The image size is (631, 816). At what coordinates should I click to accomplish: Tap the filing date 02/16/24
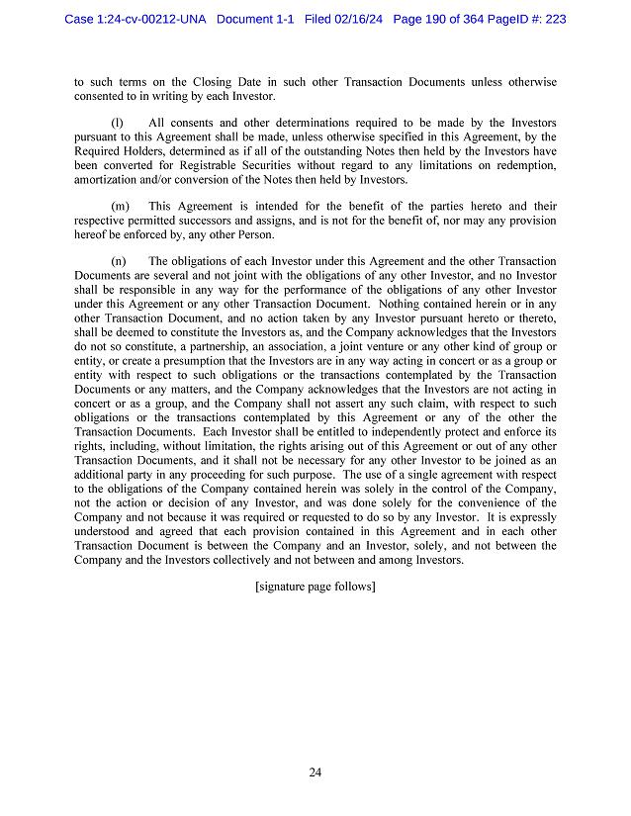click(x=360, y=19)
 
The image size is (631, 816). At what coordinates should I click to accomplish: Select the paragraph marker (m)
click(x=121, y=206)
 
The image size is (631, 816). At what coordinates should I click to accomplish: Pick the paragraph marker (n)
click(x=119, y=261)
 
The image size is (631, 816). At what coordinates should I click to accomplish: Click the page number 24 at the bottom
click(x=315, y=772)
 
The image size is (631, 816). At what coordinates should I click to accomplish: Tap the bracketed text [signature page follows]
click(x=315, y=586)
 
